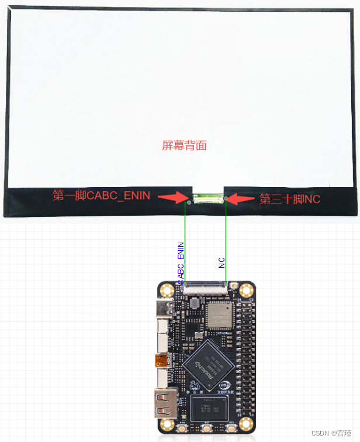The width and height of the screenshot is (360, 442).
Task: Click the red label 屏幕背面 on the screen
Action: tap(184, 145)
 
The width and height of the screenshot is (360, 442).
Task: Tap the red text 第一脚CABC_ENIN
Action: tap(102, 196)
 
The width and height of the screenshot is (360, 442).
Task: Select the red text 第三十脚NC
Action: tap(290, 199)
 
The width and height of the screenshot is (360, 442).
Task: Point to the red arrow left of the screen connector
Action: tap(174, 197)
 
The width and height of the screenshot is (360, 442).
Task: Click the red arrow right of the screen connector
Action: tap(237, 199)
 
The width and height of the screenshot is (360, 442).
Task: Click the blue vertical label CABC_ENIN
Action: tap(181, 263)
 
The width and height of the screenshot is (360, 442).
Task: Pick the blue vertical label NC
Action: tap(222, 263)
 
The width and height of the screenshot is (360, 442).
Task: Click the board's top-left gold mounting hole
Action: tap(168, 289)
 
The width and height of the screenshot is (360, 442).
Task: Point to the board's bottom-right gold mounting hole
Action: tap(247, 424)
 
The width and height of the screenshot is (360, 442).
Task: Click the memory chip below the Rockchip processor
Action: tap(208, 409)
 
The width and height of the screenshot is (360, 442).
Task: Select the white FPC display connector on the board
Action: tap(207, 286)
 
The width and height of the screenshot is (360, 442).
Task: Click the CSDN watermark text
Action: tap(333, 433)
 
